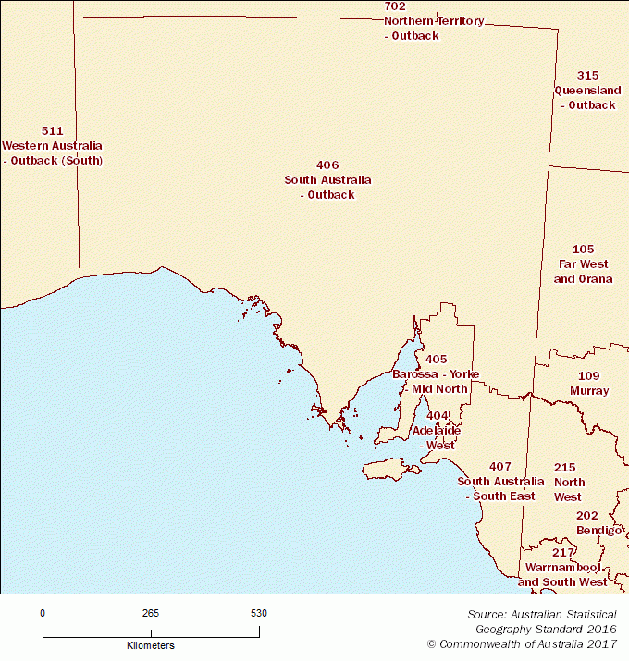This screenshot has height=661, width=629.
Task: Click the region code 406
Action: click(327, 165)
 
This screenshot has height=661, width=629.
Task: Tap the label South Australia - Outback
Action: click(327, 188)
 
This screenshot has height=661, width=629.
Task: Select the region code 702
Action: click(395, 6)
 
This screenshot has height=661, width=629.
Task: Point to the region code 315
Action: click(587, 76)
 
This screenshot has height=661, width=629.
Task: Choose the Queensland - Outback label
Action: click(587, 98)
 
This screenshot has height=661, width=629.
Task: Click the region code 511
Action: click(53, 131)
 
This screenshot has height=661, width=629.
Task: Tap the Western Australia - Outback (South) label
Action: click(52, 153)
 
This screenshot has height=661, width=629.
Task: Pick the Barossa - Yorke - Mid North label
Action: click(436, 382)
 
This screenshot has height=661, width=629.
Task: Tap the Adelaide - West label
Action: click(436, 438)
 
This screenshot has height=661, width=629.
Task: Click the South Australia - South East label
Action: click(500, 489)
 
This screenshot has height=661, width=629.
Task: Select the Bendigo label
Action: click(598, 531)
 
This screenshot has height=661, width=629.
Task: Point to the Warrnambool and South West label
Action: click(562, 574)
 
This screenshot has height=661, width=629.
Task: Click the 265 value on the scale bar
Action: click(151, 613)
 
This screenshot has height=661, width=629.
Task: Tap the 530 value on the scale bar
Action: click(259, 613)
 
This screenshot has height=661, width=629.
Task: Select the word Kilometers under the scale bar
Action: click(151, 645)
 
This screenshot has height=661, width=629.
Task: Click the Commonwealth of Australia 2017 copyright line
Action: click(522, 643)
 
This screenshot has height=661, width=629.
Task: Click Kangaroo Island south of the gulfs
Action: click(388, 469)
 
